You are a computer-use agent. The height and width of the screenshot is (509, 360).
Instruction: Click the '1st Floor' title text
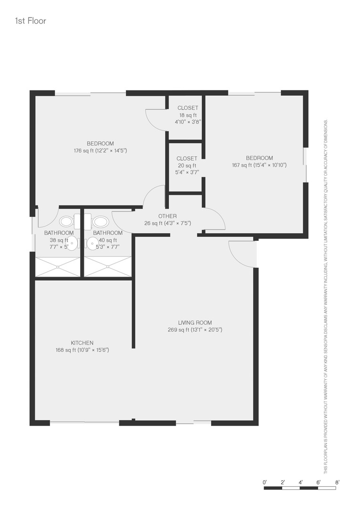tap(31, 21)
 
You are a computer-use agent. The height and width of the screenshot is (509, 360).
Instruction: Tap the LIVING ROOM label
tap(195, 323)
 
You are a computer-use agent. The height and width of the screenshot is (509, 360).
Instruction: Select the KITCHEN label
tap(82, 343)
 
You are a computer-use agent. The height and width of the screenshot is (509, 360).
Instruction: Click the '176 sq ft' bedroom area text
tap(83, 151)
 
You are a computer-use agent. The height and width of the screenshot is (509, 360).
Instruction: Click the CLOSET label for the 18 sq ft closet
tap(188, 108)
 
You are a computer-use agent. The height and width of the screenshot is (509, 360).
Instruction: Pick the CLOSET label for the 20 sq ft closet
tap(187, 158)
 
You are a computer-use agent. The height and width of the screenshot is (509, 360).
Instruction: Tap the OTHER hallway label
tap(167, 216)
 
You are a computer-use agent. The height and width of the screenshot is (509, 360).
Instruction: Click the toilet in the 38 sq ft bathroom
tap(67, 222)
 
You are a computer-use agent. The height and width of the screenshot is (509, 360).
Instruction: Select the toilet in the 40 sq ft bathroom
tap(100, 222)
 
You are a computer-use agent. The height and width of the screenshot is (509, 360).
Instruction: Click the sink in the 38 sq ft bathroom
tap(73, 243)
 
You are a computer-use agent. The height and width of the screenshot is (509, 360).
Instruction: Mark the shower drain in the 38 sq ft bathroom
tap(58, 267)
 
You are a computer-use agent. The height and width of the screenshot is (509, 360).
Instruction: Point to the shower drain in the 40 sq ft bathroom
tap(108, 267)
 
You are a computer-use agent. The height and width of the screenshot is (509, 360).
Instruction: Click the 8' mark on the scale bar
tap(337, 483)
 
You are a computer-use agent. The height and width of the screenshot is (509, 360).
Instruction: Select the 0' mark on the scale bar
tap(264, 483)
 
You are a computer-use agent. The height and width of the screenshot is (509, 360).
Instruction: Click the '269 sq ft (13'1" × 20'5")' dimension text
tap(195, 330)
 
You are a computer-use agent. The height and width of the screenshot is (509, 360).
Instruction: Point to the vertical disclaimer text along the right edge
tap(326, 296)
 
